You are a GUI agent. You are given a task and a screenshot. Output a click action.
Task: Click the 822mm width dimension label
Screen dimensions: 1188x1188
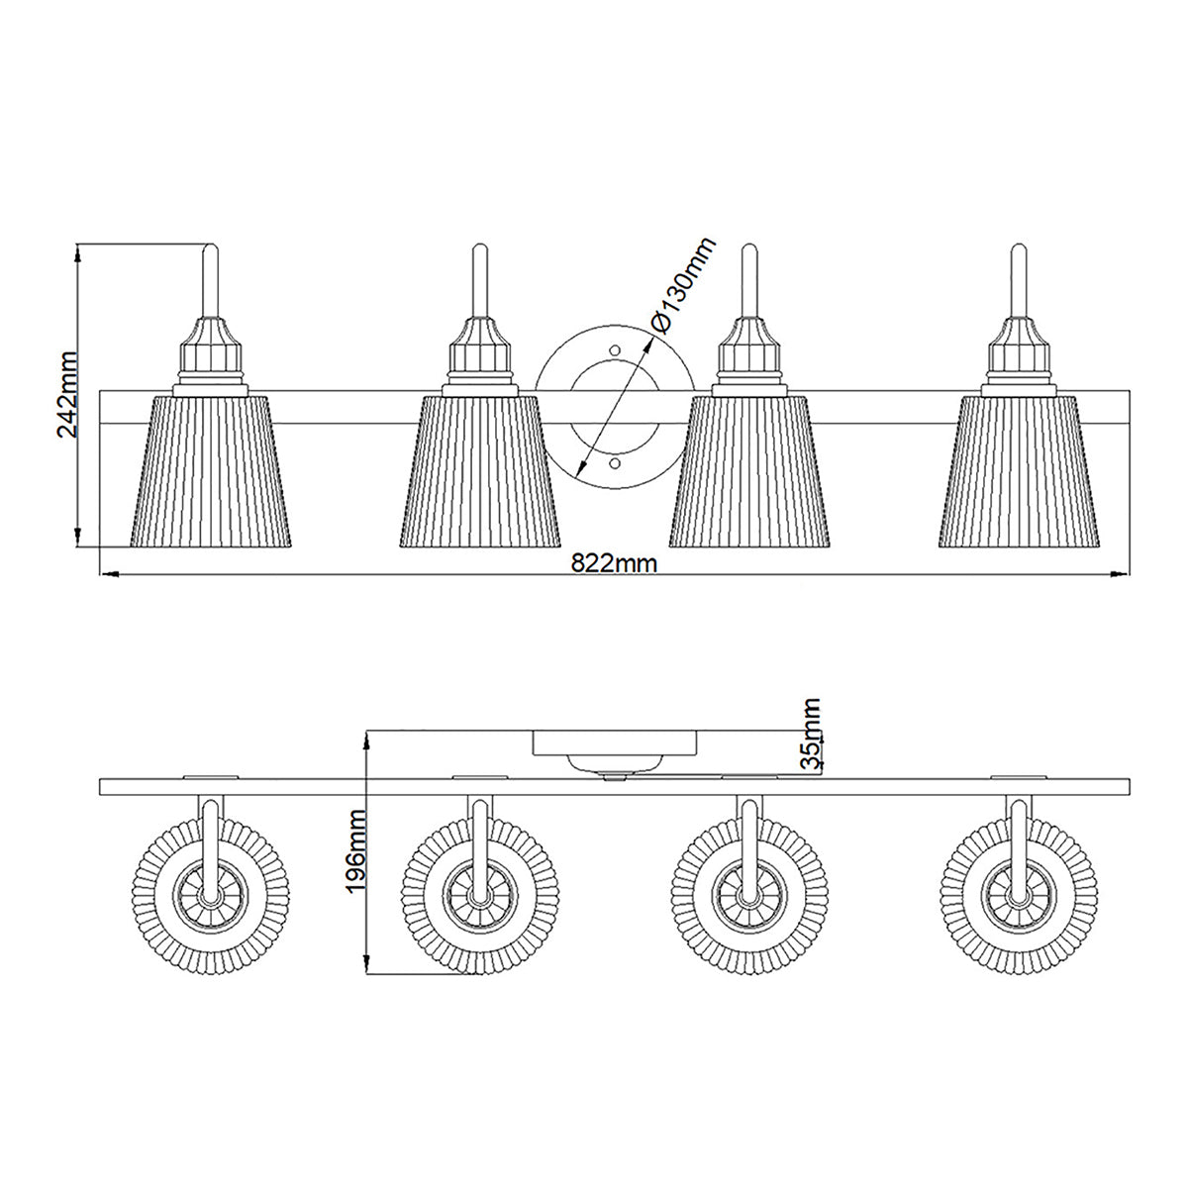coord(615,562)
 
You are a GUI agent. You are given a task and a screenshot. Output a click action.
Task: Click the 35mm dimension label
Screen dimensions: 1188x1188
coord(811,734)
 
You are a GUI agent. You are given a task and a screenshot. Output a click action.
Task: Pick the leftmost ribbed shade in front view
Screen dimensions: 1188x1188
coord(211,471)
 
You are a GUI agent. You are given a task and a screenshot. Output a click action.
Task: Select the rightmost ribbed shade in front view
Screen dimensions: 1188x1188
coord(1020,471)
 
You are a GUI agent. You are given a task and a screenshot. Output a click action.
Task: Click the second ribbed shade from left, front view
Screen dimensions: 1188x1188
coord(480,471)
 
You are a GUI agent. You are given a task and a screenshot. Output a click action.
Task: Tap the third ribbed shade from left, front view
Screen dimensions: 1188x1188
coord(749,471)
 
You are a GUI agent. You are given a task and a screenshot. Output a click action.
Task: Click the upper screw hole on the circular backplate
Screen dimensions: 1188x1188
coord(615,349)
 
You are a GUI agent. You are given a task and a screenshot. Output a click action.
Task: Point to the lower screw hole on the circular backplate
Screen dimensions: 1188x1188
coord(615,462)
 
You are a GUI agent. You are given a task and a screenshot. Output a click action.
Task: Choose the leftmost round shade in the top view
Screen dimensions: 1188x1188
coord(210,895)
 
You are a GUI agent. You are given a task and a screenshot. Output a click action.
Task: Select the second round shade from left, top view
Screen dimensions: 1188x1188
coord(480,895)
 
